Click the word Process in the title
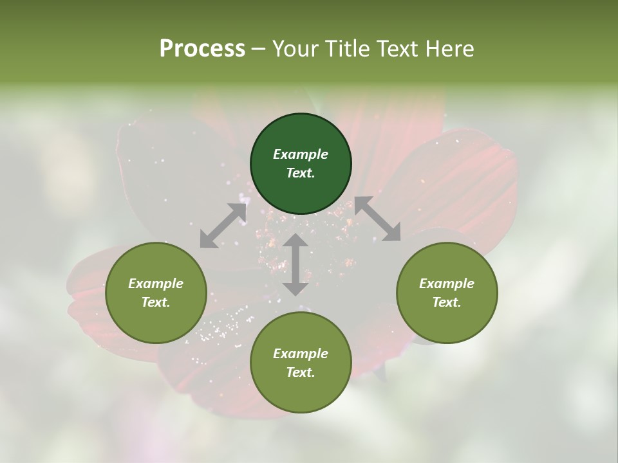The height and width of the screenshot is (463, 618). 202,49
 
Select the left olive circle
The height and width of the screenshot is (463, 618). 156,293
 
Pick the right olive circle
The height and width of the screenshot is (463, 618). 446,293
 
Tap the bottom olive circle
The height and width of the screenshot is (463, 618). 301,363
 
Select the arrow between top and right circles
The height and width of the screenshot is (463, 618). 377,219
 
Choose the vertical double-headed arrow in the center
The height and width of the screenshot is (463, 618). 295,264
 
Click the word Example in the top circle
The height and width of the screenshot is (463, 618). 301,154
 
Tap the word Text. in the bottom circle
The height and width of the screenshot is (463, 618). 301,372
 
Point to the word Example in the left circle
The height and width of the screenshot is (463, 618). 156,284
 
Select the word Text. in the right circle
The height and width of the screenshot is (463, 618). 446,302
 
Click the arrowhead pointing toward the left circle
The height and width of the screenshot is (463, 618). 208,240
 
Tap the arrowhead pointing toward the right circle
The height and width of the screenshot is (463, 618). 391,233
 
